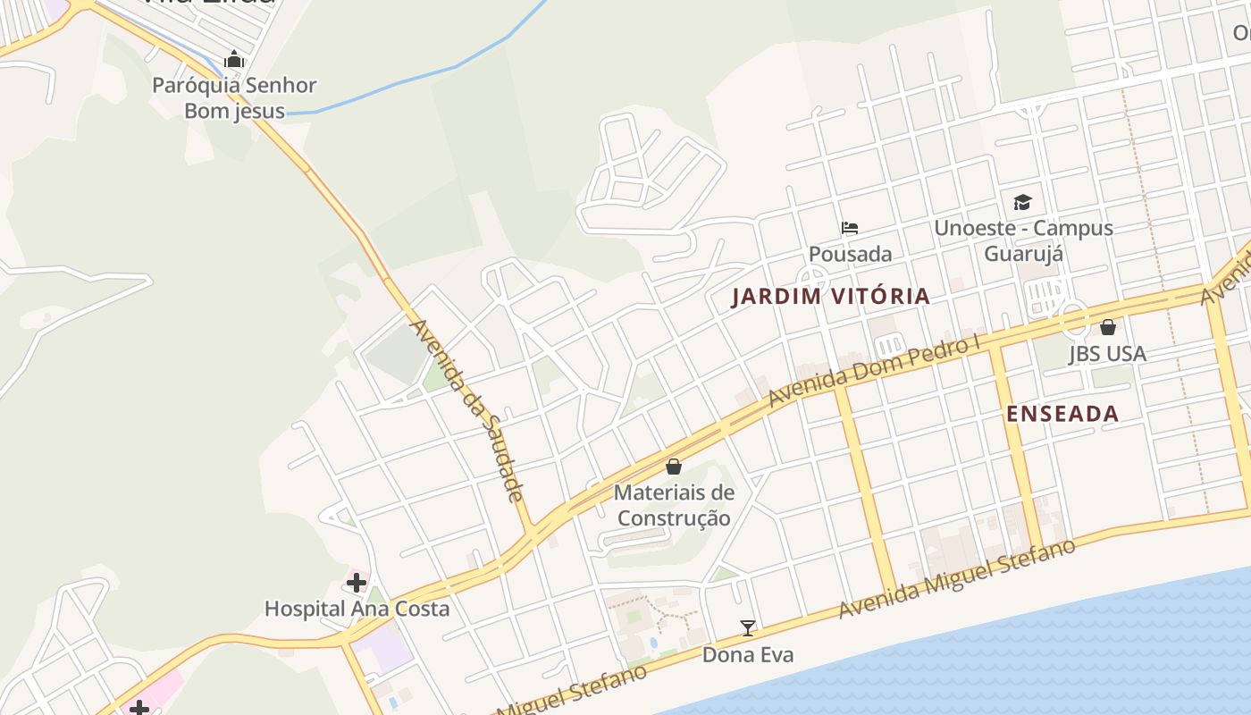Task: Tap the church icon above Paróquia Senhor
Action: [234, 60]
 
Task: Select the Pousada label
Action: [850, 254]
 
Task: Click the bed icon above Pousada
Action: [850, 228]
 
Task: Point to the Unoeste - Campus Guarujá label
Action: [1023, 240]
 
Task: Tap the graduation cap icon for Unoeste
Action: [1022, 202]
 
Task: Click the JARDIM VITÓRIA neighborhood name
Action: [830, 296]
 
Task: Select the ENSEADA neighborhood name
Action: [1062, 413]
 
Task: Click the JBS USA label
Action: [1107, 354]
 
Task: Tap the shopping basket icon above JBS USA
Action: [1108, 327]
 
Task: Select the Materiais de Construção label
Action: [674, 505]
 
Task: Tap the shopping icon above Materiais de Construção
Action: [674, 467]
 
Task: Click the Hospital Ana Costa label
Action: [357, 609]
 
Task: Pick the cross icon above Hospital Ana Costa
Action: [357, 584]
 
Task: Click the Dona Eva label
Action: [747, 654]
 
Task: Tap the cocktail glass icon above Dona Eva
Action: [747, 628]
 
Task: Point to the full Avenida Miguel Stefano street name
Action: [956, 578]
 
